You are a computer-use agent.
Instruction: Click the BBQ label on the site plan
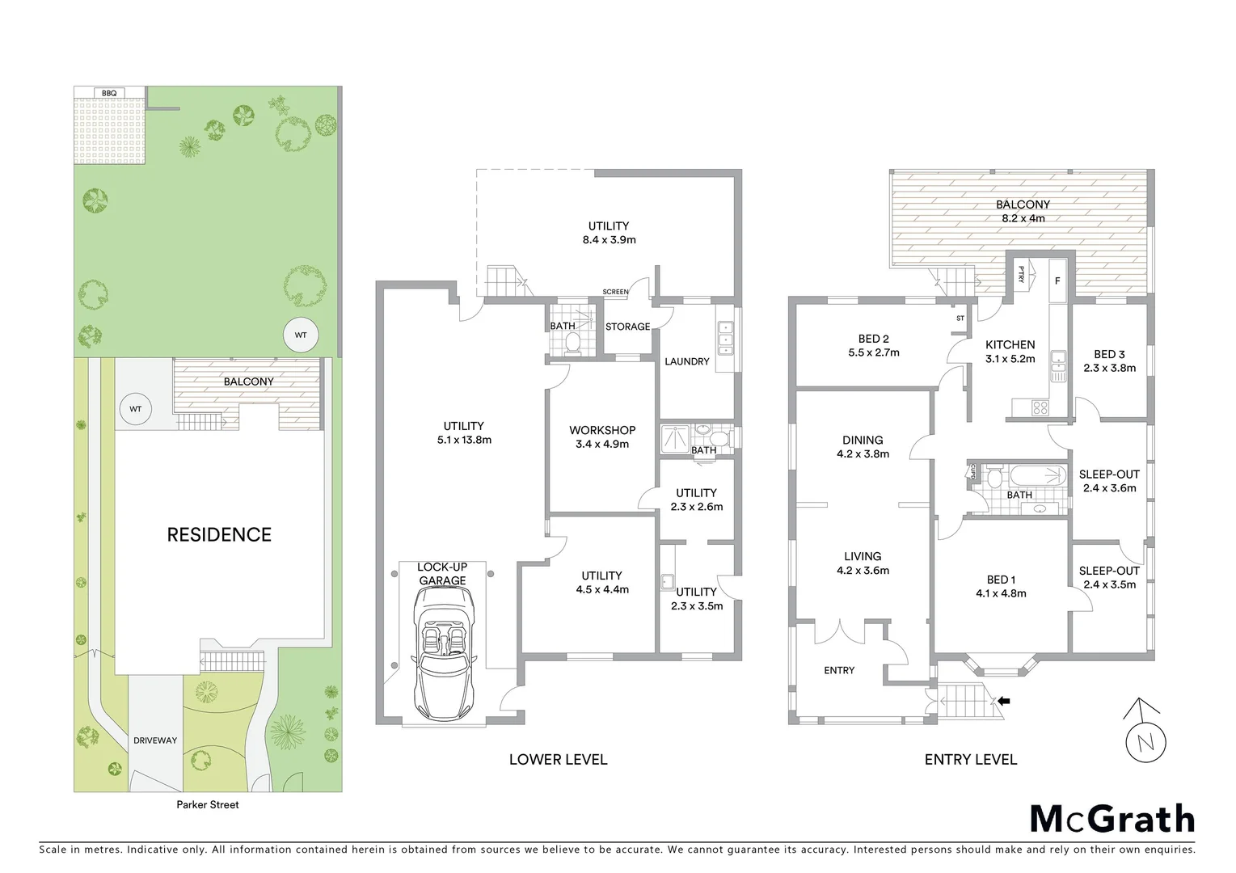109,94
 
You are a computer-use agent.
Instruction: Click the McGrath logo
1112,819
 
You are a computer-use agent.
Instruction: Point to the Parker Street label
208,805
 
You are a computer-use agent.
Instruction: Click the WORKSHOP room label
602,430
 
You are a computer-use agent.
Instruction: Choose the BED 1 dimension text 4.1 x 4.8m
1001,593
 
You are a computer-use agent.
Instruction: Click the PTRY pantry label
1022,275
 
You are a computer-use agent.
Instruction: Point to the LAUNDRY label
686,361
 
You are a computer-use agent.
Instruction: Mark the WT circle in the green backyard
301,335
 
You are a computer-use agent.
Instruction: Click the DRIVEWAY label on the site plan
155,740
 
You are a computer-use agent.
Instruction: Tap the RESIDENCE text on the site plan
219,534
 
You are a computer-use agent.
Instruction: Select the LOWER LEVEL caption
558,760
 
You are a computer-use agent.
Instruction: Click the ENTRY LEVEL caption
970,760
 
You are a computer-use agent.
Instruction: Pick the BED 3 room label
1109,354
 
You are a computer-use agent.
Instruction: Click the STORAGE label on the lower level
627,327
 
